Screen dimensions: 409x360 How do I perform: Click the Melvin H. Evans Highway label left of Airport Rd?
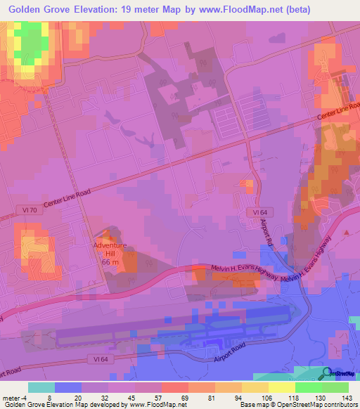245,271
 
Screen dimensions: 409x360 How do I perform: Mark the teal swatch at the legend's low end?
41,387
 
